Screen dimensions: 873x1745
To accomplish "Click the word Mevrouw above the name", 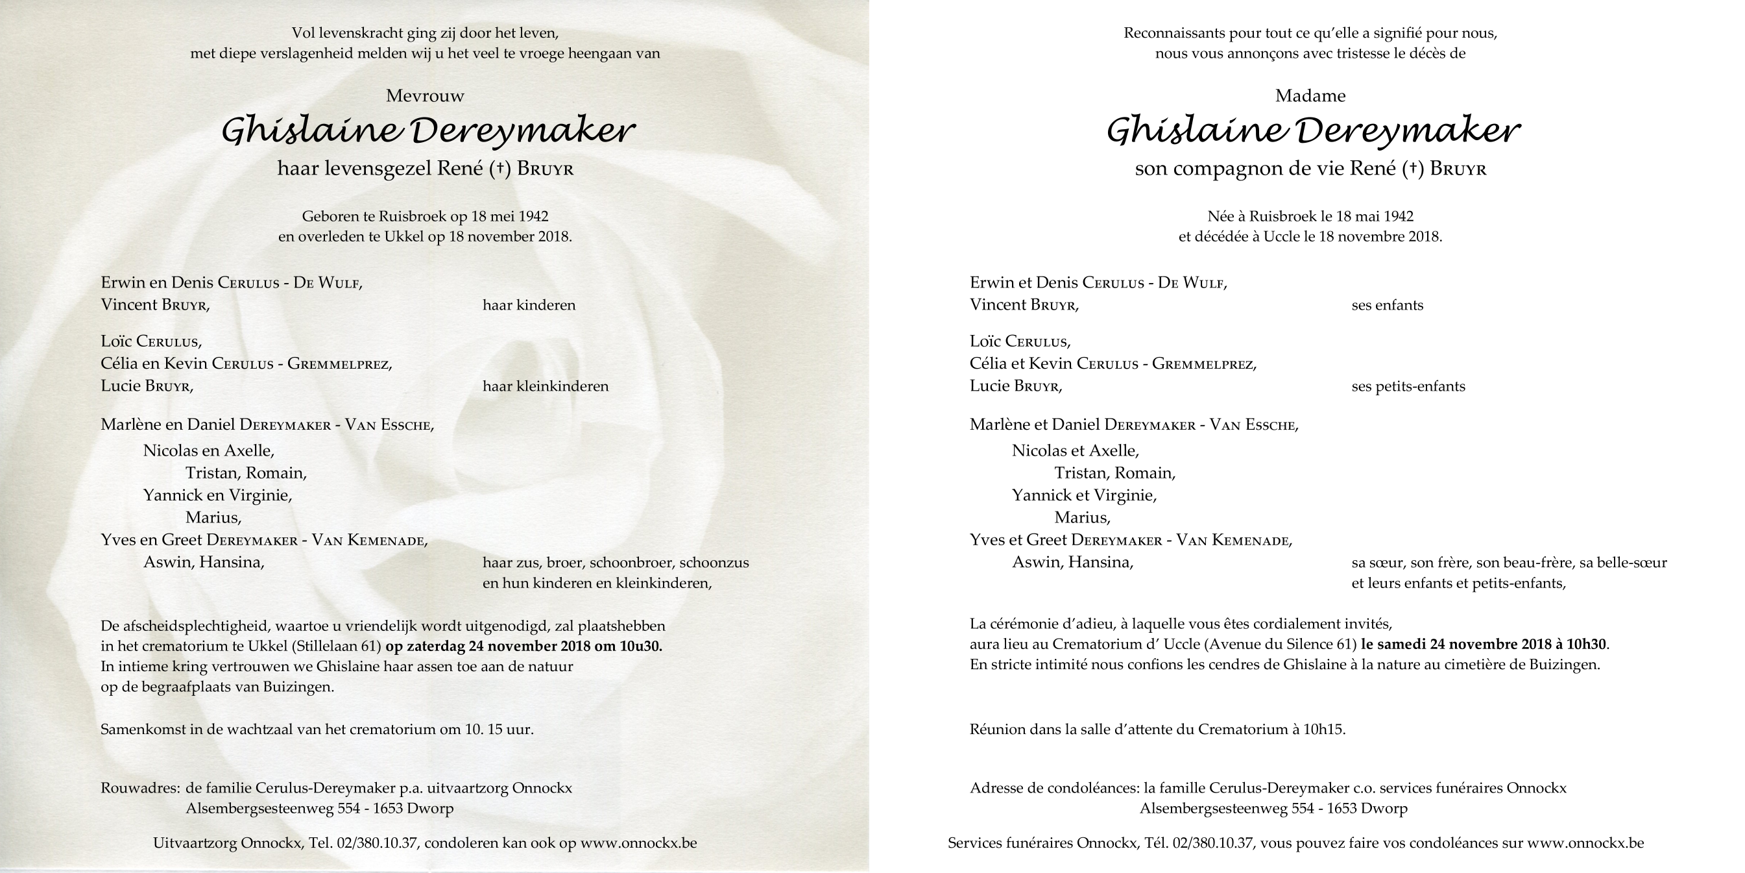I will click(x=425, y=96).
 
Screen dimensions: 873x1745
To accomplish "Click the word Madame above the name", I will click(x=1310, y=96).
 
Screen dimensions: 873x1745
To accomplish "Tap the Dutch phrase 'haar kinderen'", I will click(x=529, y=306).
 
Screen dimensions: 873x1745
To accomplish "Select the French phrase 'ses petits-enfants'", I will click(x=1408, y=387).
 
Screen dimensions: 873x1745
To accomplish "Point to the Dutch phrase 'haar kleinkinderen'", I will click(x=546, y=387).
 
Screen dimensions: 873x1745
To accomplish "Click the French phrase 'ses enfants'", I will click(x=1387, y=306).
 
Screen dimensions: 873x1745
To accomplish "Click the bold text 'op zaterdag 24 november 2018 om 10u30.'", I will click(x=523, y=646).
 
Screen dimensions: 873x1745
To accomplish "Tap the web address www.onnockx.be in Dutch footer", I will click(x=638, y=843).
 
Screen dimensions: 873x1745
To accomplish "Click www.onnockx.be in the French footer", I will click(x=1585, y=843).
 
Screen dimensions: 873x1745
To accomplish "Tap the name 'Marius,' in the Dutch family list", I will click(x=213, y=519).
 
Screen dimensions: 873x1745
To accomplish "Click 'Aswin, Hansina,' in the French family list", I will click(x=1072, y=563).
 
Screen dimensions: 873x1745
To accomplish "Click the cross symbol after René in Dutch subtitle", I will click(x=499, y=169).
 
